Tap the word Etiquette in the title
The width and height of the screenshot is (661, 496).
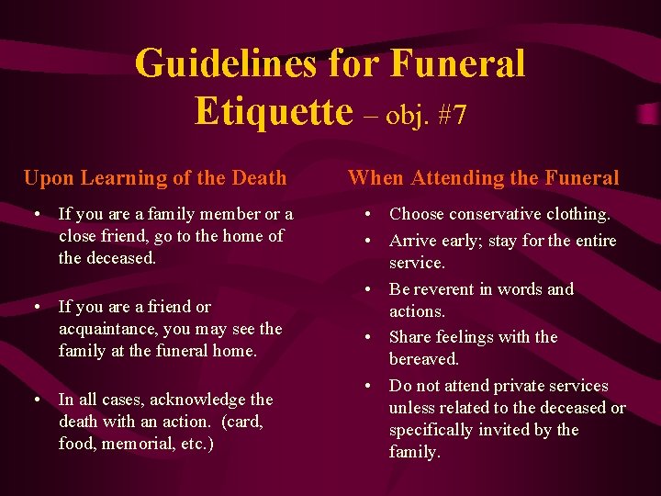tap(274, 111)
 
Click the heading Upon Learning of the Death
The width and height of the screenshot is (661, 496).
tap(155, 178)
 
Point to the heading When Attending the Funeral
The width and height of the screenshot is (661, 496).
tap(484, 178)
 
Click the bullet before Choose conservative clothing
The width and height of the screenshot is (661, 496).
tap(367, 215)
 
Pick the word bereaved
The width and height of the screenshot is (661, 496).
tap(424, 359)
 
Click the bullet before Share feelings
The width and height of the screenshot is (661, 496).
tap(367, 338)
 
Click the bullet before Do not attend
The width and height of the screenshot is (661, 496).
tap(367, 387)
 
